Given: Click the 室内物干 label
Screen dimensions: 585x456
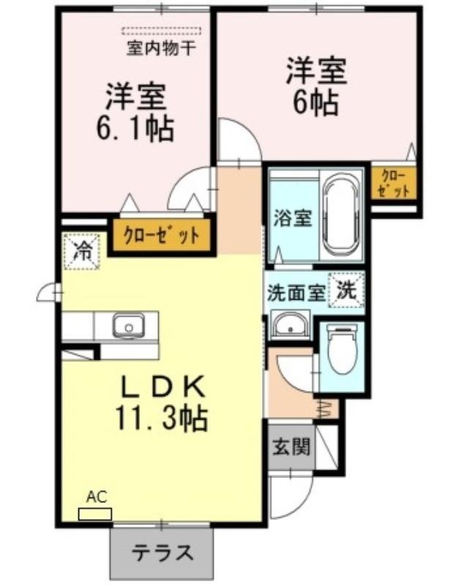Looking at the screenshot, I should click(160, 50).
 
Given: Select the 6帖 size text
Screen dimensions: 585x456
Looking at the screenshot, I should click(316, 102).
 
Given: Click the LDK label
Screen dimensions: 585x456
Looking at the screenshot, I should click(162, 386).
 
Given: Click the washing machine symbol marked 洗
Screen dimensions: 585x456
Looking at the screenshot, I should click(347, 289).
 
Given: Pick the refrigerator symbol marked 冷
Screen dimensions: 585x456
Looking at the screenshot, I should click(83, 251).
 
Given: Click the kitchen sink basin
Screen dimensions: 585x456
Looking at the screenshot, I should click(130, 325).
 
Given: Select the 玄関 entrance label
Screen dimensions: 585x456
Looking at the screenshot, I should click(290, 447).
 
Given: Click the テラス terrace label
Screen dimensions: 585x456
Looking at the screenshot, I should click(162, 552).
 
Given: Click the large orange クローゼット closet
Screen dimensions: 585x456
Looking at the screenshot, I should click(160, 235).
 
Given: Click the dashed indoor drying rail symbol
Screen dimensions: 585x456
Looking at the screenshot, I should click(161, 32).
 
